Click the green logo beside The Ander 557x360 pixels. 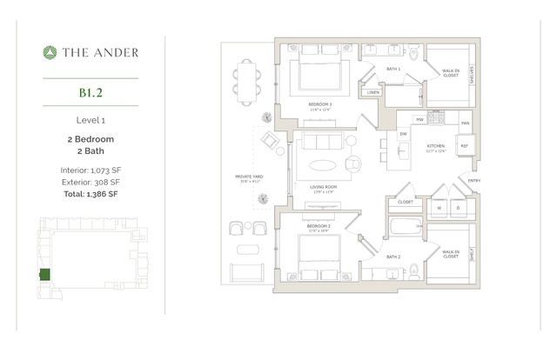50,52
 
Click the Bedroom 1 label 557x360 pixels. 320,104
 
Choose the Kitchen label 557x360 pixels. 435,147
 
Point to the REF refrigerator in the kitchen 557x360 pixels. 464,146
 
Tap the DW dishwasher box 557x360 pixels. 403,134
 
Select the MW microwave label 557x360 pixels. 419,119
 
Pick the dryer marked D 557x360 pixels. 458,208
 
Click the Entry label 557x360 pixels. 473,181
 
